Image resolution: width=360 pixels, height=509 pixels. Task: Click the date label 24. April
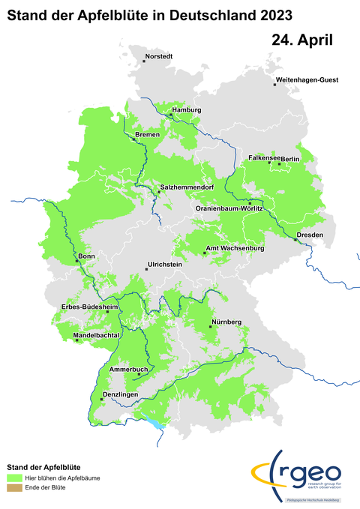point(302,39)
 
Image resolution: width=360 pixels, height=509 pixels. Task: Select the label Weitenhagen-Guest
point(307,79)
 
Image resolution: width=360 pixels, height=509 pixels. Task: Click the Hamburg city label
point(187,110)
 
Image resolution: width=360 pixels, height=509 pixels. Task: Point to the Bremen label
point(148,134)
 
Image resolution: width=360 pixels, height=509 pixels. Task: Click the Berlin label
point(290,159)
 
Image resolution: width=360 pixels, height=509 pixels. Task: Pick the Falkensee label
point(264,158)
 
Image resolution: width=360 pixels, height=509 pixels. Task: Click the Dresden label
point(310,235)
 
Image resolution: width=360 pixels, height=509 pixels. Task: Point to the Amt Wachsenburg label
point(235,248)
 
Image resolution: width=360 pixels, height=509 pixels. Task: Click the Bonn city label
point(87,256)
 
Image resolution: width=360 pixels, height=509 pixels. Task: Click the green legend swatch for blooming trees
point(14,477)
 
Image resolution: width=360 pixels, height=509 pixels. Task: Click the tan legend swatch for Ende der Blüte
point(14,488)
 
